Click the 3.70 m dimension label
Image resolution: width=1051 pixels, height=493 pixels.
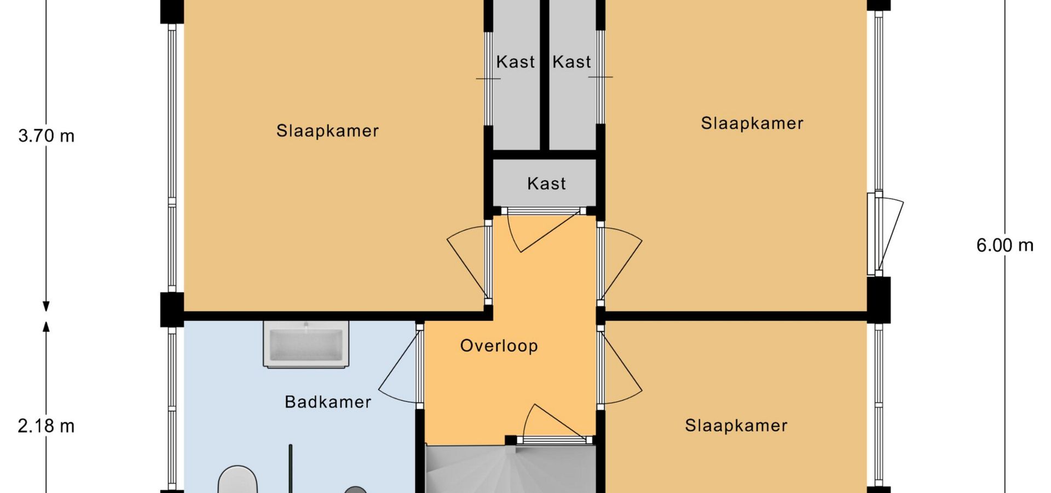[x=47, y=135]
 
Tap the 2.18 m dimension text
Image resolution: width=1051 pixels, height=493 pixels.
[x=46, y=426]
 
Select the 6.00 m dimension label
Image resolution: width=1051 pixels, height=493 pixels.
[x=1005, y=245]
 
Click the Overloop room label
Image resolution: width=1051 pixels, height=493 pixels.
[x=499, y=346]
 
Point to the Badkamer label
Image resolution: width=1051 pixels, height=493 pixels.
[x=328, y=402]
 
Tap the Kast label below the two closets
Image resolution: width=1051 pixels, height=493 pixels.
[x=546, y=184]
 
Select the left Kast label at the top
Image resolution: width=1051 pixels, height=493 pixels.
[x=515, y=62]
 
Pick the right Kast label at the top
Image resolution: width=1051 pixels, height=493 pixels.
[x=571, y=62]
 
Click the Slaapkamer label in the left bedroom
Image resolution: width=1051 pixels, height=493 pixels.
[x=327, y=131]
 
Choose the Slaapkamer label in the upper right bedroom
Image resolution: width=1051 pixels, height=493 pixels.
[x=752, y=123]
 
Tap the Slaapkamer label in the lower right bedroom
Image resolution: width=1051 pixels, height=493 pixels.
[x=736, y=426]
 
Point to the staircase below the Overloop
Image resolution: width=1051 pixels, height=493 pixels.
[x=511, y=469]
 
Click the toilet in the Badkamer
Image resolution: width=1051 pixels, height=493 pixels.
[x=238, y=480]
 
